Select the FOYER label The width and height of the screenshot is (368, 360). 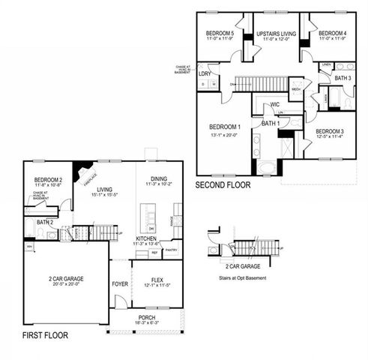(x=120, y=283)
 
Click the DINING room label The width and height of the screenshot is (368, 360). (x=158, y=178)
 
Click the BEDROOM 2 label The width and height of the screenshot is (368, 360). (x=47, y=180)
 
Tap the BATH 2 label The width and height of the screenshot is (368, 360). (x=45, y=223)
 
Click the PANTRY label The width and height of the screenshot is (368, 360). (x=171, y=250)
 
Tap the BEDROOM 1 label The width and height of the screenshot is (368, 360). (x=224, y=126)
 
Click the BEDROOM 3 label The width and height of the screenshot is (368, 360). (x=329, y=131)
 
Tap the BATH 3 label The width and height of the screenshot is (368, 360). (x=343, y=78)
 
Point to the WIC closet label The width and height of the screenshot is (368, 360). (x=275, y=105)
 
